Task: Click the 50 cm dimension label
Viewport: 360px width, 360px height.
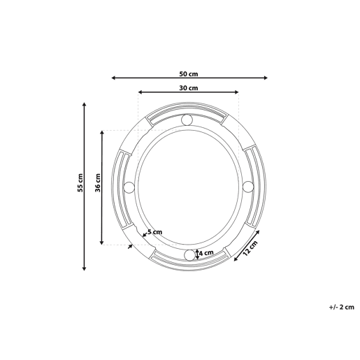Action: tap(189, 74)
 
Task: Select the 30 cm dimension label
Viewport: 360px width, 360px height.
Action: tap(189, 88)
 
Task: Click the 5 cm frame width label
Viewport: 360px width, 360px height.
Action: tap(154, 232)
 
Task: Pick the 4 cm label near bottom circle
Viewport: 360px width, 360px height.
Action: tap(206, 253)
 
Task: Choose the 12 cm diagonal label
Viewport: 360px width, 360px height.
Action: tap(251, 248)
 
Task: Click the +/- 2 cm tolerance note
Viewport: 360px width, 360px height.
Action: tap(341, 307)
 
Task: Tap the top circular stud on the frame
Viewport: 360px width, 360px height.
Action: tap(187, 120)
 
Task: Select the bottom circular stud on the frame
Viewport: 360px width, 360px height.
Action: tap(189, 255)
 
